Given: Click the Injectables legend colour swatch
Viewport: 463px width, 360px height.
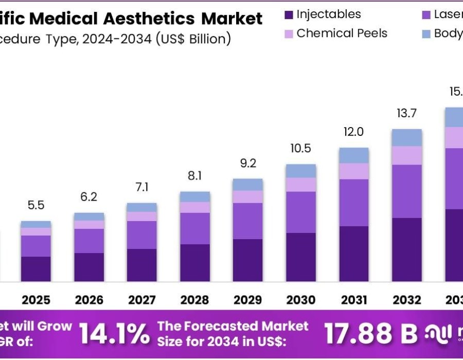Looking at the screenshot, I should pyautogui.click(x=289, y=15).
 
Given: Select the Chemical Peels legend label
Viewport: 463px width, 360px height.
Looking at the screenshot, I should pyautogui.click(x=342, y=33).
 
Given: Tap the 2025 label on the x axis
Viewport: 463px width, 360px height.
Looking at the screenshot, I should pyautogui.click(x=36, y=299).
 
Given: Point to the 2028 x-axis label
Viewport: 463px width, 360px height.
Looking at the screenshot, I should pyautogui.click(x=194, y=299).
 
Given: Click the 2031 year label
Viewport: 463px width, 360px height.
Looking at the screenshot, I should pyautogui.click(x=354, y=299).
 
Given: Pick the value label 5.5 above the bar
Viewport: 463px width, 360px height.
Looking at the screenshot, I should pyautogui.click(x=36, y=205).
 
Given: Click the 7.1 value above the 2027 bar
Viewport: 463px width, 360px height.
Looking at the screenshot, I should pyautogui.click(x=142, y=187).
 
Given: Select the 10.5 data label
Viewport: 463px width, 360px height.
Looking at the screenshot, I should pyautogui.click(x=301, y=149).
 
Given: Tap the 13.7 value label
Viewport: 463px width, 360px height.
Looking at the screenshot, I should pyautogui.click(x=406, y=114).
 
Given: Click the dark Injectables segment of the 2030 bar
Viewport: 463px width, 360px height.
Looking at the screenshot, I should pyautogui.click(x=301, y=257).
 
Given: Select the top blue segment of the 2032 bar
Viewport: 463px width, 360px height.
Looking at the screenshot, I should pyautogui.click(x=407, y=137).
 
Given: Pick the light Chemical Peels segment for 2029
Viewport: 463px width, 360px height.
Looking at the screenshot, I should pyautogui.click(x=247, y=197).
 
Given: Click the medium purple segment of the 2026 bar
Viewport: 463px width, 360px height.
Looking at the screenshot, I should pyautogui.click(x=89, y=241).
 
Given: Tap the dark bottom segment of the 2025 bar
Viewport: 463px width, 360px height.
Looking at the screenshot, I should pyautogui.click(x=36, y=269).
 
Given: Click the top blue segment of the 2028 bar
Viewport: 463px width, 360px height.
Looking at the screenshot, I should pyautogui.click(x=195, y=196).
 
